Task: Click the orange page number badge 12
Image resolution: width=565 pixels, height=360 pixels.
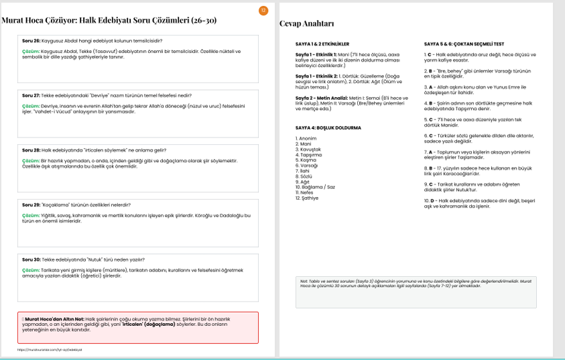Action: point(263,10)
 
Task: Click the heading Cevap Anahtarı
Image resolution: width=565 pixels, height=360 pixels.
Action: point(306,24)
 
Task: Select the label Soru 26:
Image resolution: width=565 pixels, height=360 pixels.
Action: point(31,41)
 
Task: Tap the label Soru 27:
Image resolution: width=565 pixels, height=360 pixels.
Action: point(31,96)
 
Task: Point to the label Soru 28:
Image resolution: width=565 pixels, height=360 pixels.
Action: point(31,150)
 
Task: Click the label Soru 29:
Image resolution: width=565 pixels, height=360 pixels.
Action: point(31,204)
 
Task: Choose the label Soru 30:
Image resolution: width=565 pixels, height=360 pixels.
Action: point(31,259)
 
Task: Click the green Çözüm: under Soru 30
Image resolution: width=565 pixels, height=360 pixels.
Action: point(31,269)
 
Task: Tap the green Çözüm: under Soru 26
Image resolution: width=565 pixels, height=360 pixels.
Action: point(31,51)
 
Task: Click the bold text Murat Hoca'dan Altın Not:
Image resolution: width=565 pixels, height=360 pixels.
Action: point(55,319)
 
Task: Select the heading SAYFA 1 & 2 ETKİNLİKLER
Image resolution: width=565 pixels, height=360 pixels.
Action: point(322,44)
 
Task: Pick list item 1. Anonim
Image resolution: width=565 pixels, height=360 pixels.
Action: point(306,138)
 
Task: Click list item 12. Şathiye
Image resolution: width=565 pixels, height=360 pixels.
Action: point(308,198)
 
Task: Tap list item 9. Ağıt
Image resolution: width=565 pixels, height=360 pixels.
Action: point(302,182)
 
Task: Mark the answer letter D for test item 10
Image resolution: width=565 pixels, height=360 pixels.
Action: point(434,200)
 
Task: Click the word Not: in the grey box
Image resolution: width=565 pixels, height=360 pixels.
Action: point(304,281)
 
